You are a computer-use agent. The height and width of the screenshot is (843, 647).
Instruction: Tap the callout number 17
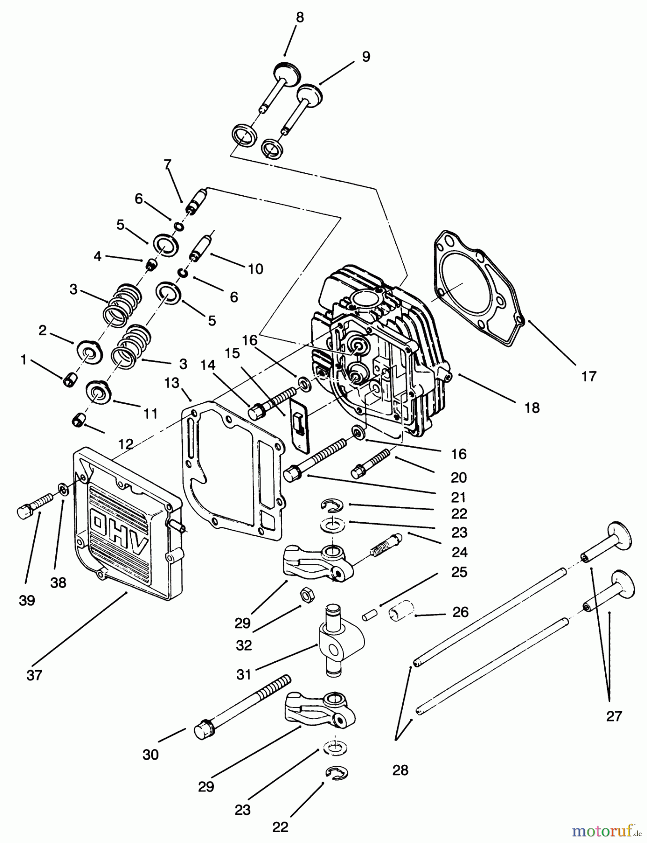[x=588, y=376]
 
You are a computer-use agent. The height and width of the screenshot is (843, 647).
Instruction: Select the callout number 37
[x=34, y=675]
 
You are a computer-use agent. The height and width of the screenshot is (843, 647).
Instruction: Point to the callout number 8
[x=300, y=18]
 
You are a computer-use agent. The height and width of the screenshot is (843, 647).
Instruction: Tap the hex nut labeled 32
[x=307, y=596]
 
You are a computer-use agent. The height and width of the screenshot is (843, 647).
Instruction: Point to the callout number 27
[x=614, y=716]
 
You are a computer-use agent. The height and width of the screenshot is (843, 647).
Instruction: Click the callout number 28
[x=400, y=770]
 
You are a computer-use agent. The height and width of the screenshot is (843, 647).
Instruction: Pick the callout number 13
[x=172, y=383]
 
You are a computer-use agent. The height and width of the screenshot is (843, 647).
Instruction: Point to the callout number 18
[x=532, y=407]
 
